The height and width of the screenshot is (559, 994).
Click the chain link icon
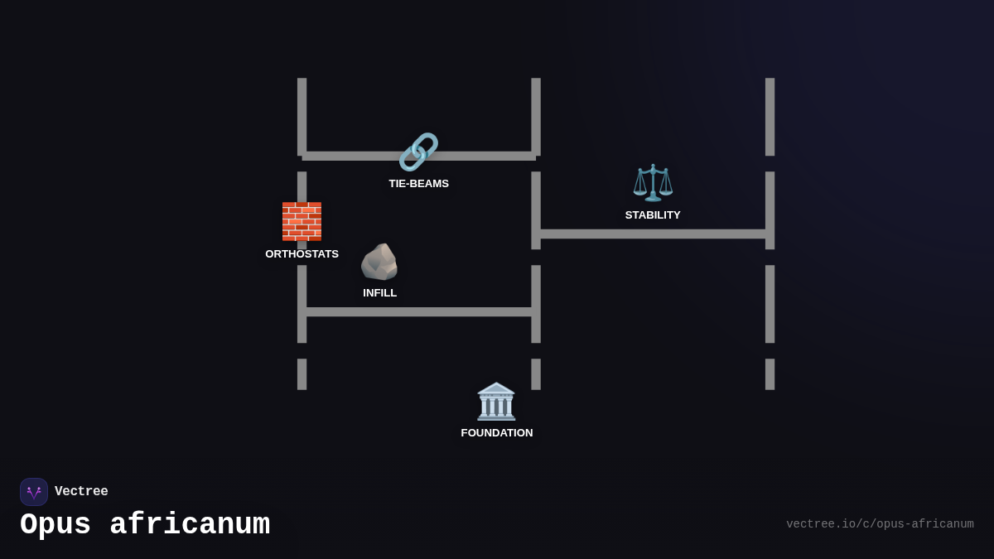point(418,152)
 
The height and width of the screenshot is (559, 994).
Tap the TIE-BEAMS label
point(419,184)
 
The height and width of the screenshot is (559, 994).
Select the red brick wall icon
point(302,221)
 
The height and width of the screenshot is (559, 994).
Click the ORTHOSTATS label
point(302,253)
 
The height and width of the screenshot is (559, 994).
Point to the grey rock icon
point(379,262)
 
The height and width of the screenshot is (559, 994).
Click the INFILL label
point(380,293)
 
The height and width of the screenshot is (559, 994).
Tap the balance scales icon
point(653,183)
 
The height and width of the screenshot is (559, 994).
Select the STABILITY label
point(653,215)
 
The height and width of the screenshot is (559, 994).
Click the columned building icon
point(496,401)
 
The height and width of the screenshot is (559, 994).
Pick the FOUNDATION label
point(497,433)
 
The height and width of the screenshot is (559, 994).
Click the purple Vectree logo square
point(34,492)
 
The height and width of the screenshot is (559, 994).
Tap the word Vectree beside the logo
point(81,491)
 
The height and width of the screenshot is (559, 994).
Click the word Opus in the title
point(55,525)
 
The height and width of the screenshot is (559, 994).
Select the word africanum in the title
point(190,524)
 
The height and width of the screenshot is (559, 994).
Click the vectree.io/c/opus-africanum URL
point(880,524)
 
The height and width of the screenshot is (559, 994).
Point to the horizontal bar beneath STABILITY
point(653,234)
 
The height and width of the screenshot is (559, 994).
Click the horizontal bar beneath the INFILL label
point(419,312)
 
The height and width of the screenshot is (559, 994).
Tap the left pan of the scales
point(639,190)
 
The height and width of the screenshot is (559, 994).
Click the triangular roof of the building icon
point(496,388)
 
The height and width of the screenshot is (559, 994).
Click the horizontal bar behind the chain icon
point(419,157)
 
